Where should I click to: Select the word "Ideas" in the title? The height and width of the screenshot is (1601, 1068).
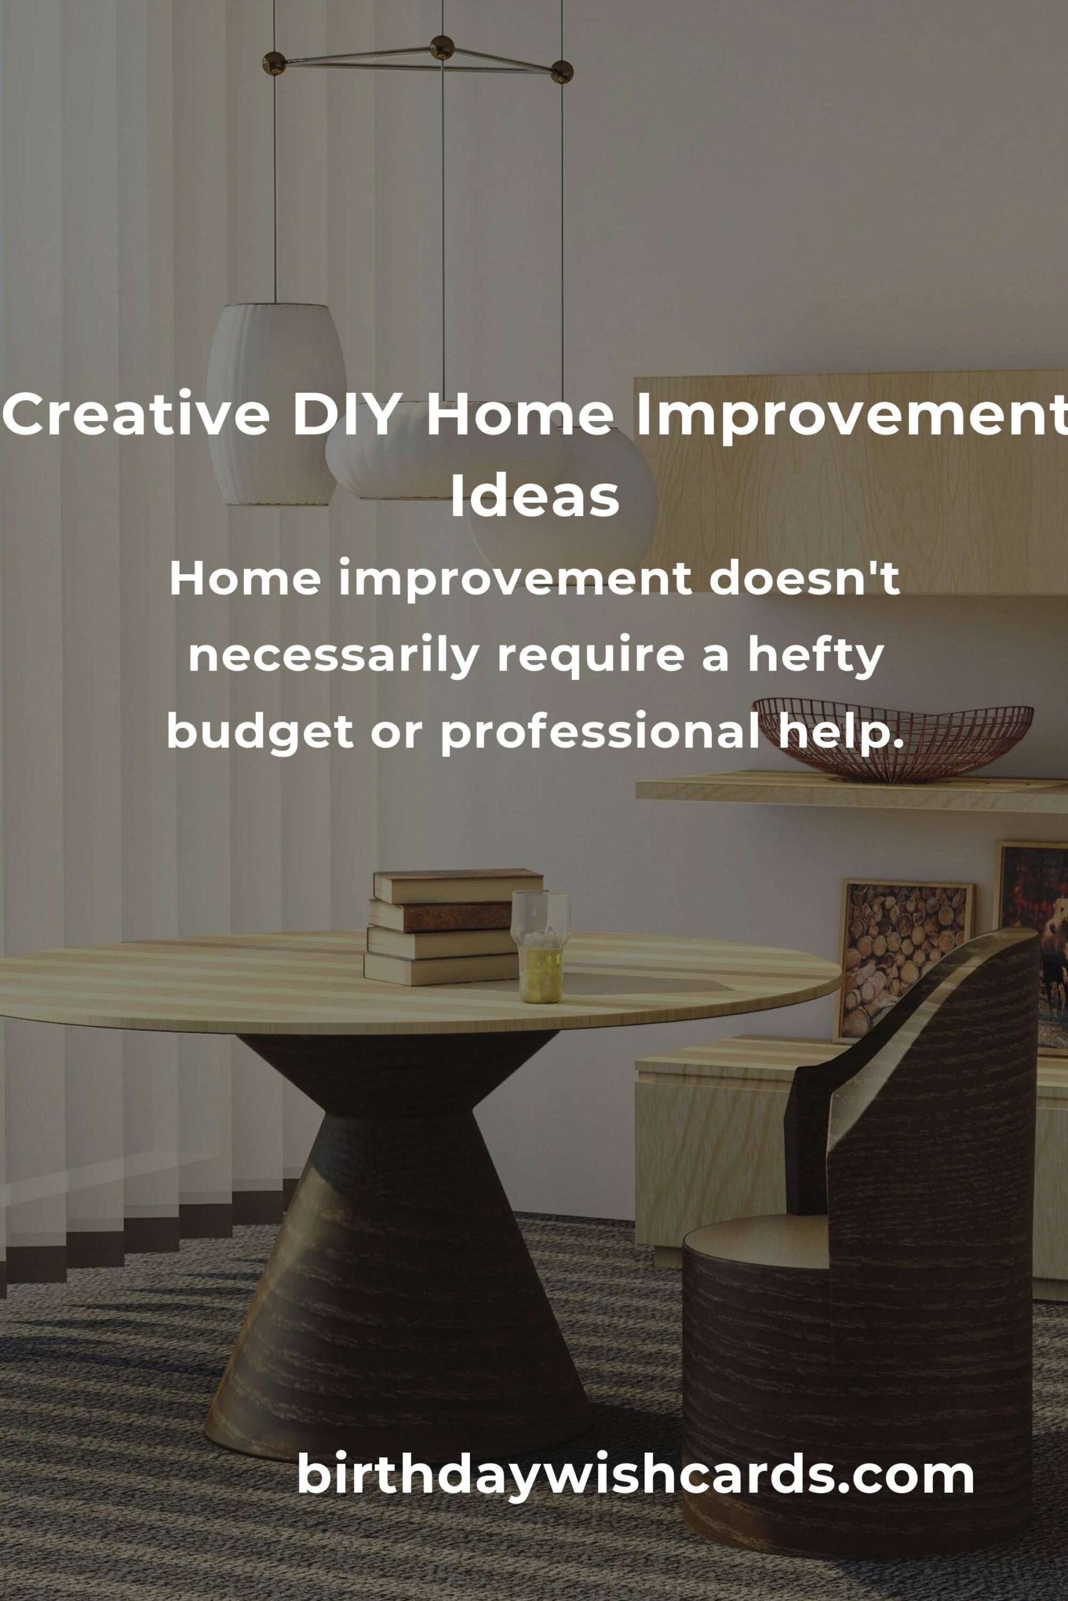click(535, 497)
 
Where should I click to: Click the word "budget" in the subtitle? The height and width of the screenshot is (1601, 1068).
click(260, 734)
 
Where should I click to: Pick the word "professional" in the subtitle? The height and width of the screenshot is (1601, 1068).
click(600, 734)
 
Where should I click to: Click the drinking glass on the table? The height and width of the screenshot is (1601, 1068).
click(541, 948)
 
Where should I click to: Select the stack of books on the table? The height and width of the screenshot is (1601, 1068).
click(450, 927)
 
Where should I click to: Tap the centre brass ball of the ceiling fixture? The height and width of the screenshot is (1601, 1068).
click(442, 47)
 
